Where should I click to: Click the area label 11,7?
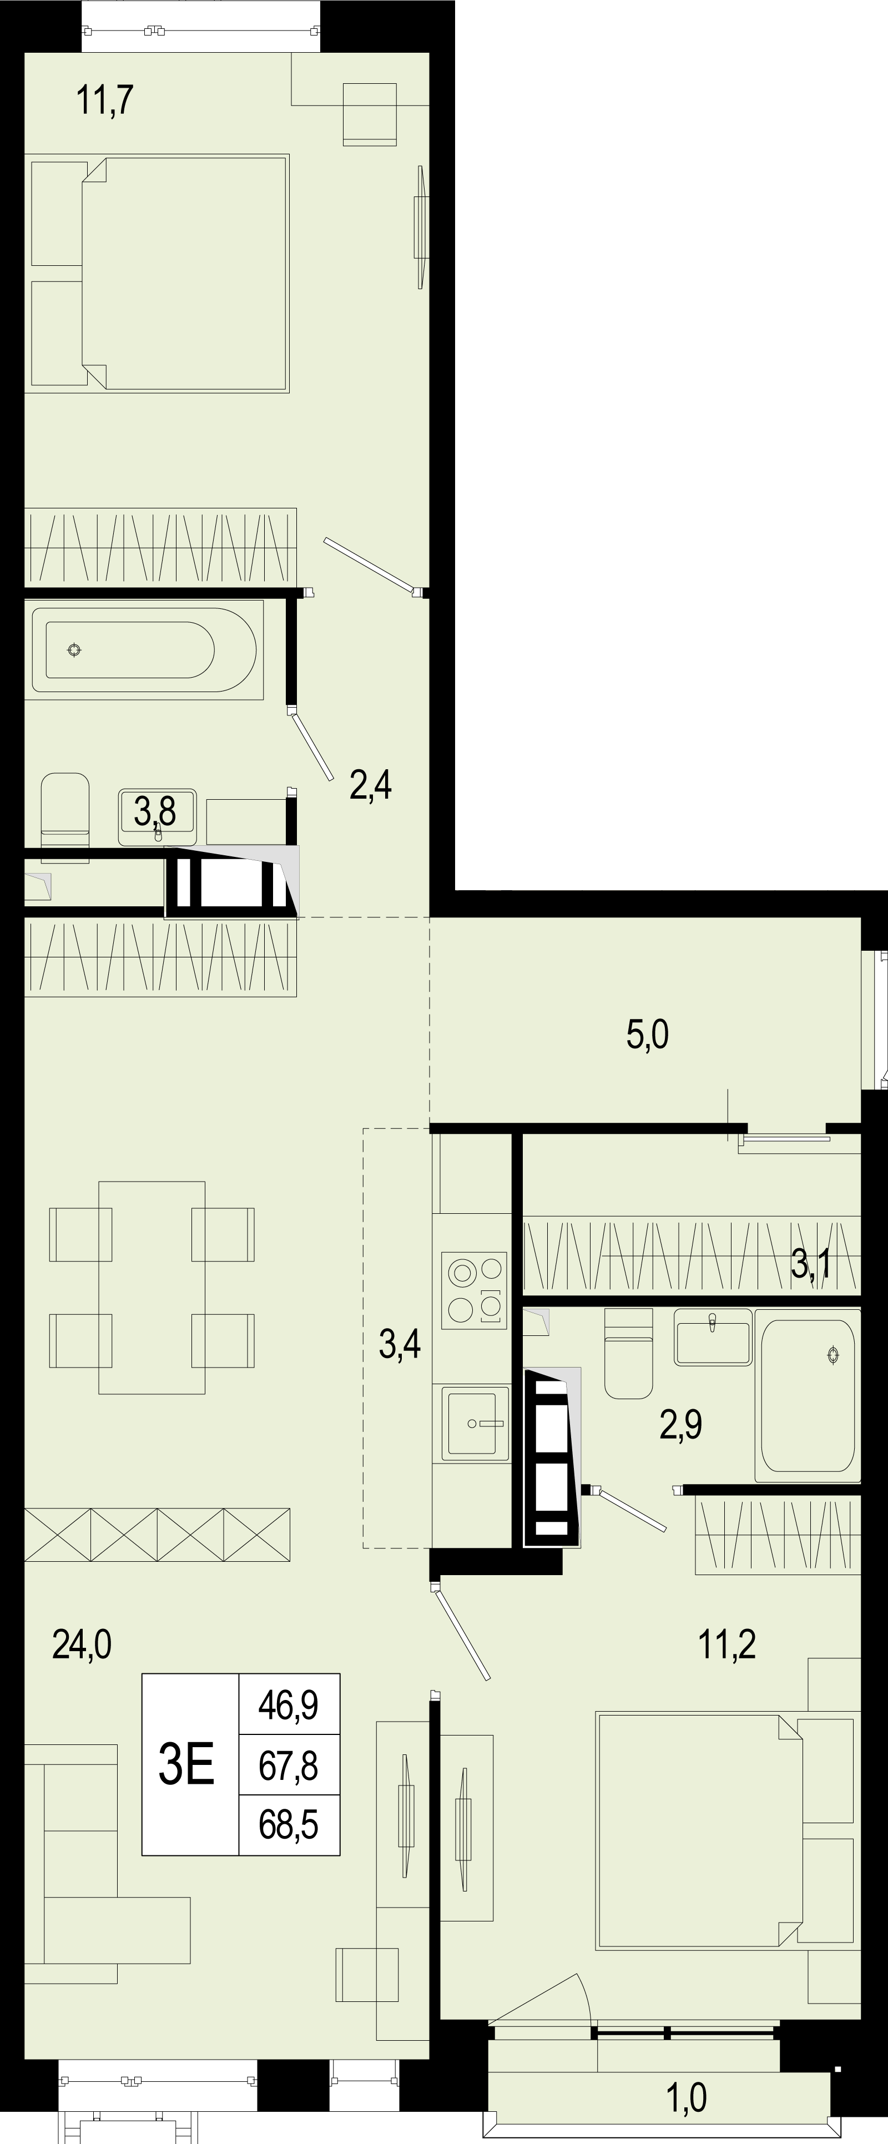105,100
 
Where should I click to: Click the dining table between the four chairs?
152,1288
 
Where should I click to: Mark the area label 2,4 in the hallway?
370,784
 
